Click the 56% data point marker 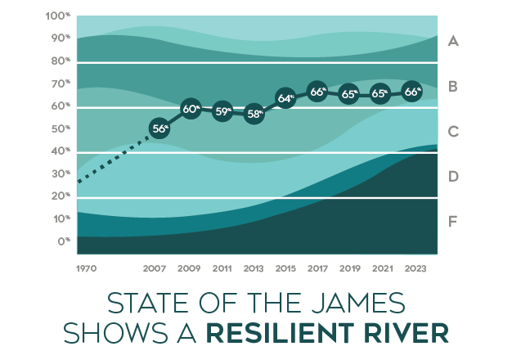[160, 128]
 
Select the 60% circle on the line [191, 109]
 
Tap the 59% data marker [222, 111]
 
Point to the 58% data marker [254, 114]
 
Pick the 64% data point [285, 98]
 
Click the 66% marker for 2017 [317, 92]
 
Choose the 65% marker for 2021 [380, 93]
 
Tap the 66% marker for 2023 [413, 92]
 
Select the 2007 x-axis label [155, 268]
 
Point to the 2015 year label [285, 268]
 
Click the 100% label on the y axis [59, 16]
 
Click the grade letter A [453, 40]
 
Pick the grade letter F [453, 220]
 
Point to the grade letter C [453, 130]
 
